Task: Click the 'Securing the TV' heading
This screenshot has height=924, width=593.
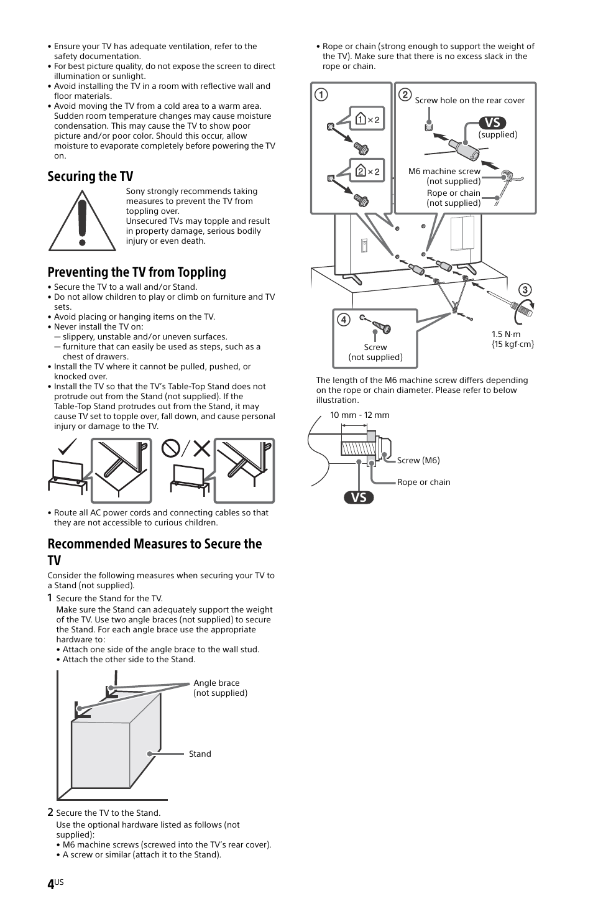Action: coord(90,177)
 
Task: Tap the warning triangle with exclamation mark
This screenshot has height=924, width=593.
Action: coord(82,221)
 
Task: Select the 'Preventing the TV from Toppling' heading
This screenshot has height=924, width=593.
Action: coord(137,272)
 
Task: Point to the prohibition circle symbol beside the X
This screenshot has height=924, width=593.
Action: coord(171,448)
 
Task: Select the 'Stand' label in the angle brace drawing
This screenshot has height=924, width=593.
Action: coord(200,754)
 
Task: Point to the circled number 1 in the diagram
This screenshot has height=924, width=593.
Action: coord(321,95)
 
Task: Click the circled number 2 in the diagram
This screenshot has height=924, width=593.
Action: coord(405,95)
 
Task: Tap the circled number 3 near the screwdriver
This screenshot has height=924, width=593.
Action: coord(525,290)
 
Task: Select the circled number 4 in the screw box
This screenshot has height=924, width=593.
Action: coord(343,320)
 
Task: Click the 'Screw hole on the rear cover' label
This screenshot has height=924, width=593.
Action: coord(469,100)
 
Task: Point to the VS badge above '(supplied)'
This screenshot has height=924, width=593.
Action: coord(492,122)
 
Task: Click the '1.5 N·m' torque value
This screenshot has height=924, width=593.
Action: coord(506,334)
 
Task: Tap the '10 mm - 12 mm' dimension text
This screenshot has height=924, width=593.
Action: coord(359,415)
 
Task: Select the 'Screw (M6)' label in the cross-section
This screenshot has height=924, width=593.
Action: coord(418,460)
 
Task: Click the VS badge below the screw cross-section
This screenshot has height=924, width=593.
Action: coord(359,497)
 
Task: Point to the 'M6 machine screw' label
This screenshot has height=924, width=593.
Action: coord(444,171)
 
